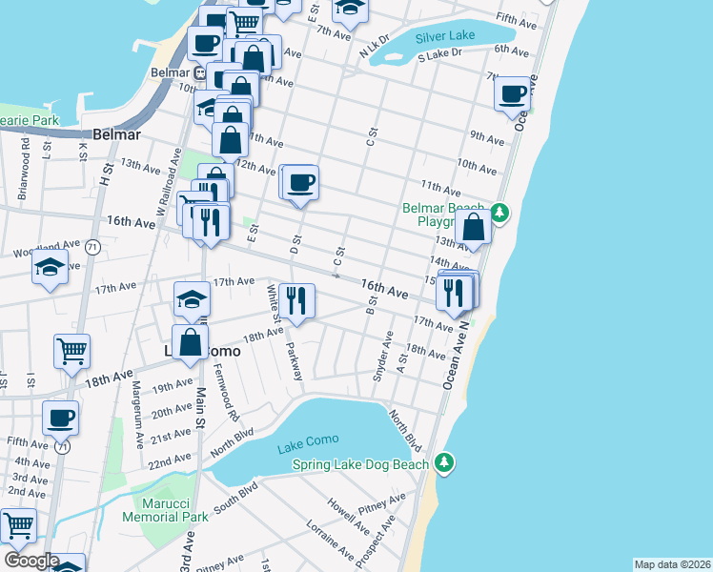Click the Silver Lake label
tap(446, 37)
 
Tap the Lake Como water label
tap(303, 447)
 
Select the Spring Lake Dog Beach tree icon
tap(443, 463)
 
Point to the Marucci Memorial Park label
tap(165, 509)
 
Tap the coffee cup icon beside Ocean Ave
tap(513, 93)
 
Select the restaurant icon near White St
tap(296, 300)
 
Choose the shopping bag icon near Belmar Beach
tap(474, 227)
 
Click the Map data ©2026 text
tap(672, 564)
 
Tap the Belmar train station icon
tap(200, 71)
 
